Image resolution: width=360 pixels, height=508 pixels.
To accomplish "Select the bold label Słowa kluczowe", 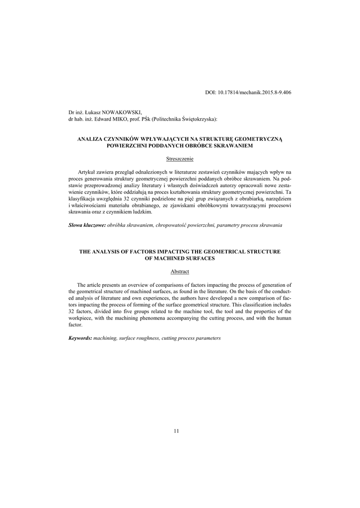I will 87,225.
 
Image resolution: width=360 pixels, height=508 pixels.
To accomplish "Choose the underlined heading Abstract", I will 180,272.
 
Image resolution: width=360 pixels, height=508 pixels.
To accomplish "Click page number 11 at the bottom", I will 176,431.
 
